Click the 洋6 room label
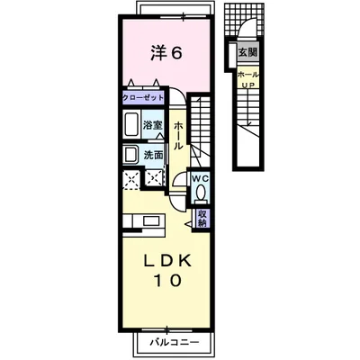click(x=166, y=53)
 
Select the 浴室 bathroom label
click(x=153, y=125)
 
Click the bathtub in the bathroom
click(x=130, y=125)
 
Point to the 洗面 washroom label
click(x=154, y=155)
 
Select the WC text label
click(x=201, y=178)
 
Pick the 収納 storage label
click(x=203, y=218)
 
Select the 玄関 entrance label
click(x=247, y=53)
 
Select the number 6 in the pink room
click(x=177, y=53)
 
